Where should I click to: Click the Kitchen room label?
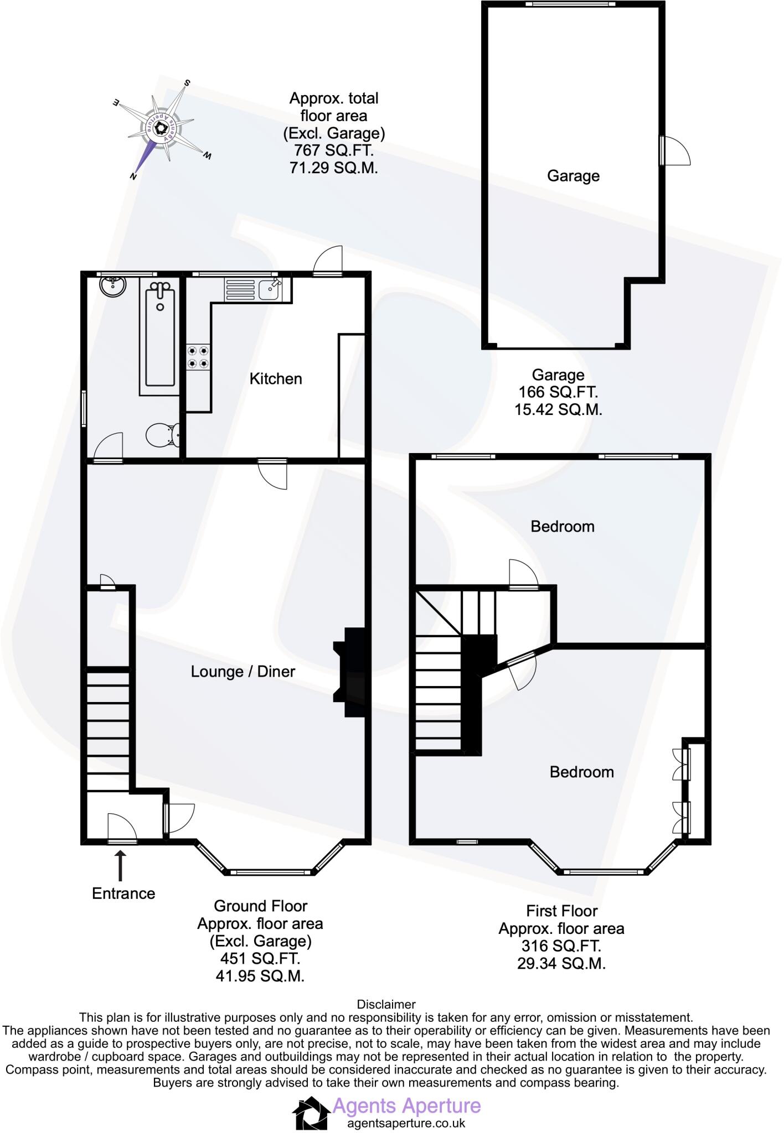[276, 379]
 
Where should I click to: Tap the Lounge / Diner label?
[243, 672]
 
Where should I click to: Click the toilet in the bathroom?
[163, 435]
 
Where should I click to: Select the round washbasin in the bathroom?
[114, 286]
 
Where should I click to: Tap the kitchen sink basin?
[270, 289]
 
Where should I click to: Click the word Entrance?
[123, 893]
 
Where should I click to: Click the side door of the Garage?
[674, 150]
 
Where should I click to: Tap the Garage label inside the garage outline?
[573, 176]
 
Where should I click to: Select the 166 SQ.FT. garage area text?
[558, 392]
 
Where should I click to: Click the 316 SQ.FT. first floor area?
[561, 946]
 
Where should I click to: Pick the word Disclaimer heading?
[386, 1004]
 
